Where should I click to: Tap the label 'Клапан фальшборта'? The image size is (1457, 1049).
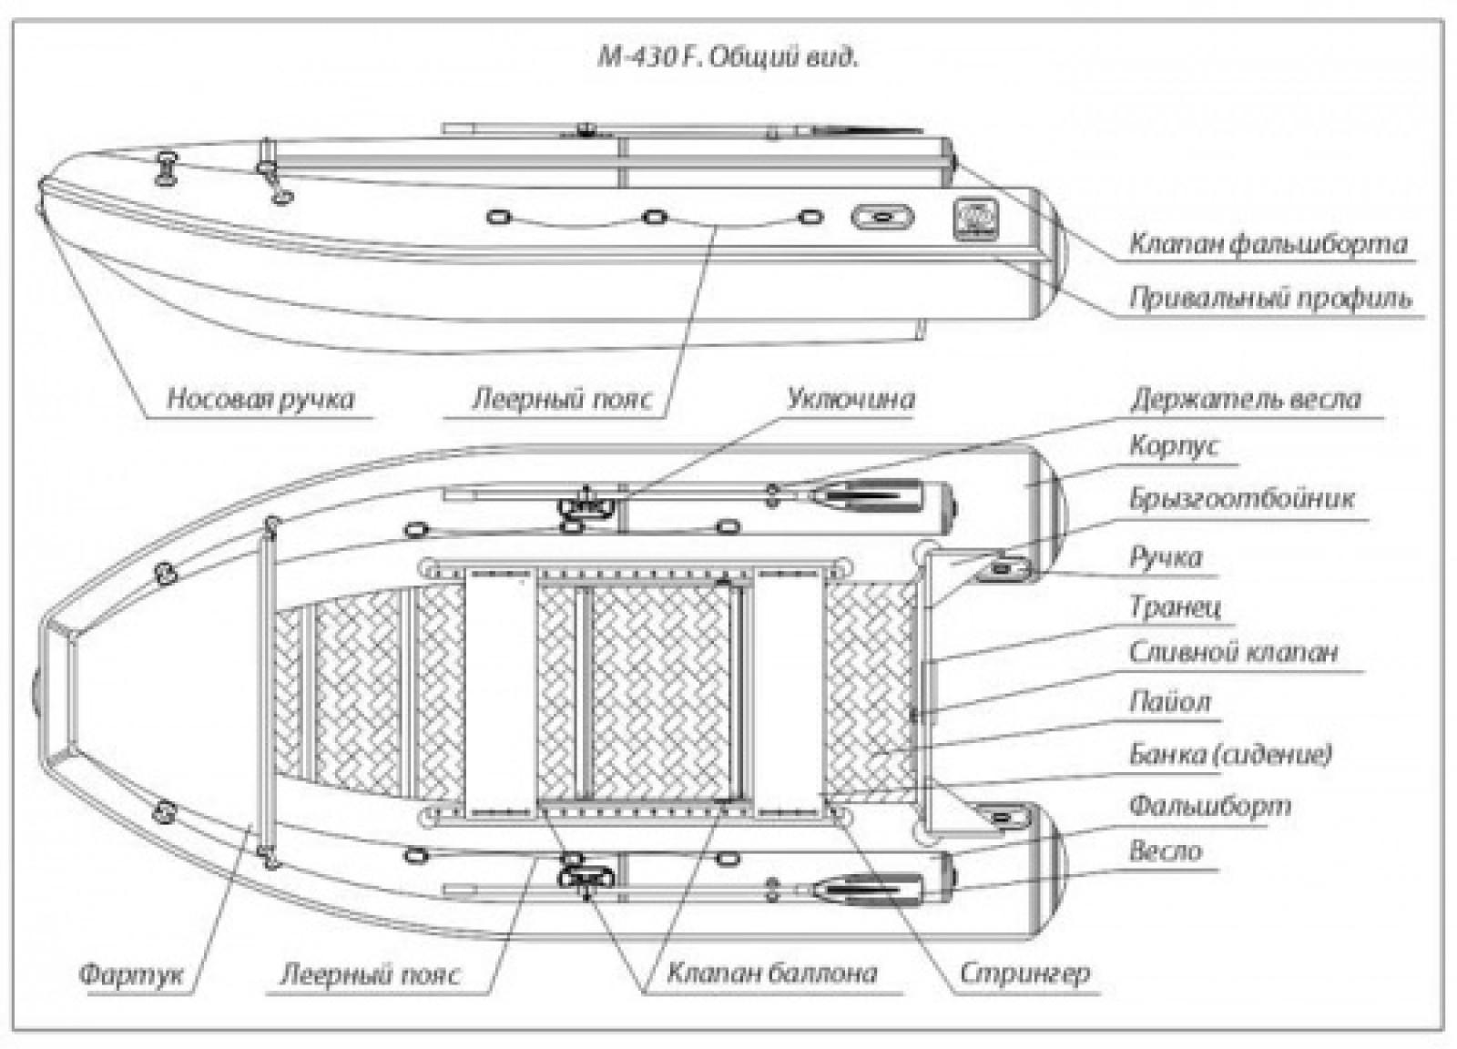coord(1268,244)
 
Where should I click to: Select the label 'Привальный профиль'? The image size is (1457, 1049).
coord(1270,298)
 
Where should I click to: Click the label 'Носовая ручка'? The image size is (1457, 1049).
coord(260,398)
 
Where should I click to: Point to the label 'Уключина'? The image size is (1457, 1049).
coord(851,398)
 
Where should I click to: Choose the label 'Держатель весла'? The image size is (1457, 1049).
coord(1245,399)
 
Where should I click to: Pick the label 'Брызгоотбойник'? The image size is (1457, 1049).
coord(1242,498)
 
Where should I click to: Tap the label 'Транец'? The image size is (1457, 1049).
coord(1175,606)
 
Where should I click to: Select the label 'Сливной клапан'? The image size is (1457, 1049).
coord(1233,652)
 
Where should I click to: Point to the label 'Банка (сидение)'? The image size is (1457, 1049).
coord(1230,754)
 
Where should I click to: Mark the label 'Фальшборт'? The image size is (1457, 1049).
coord(1209,805)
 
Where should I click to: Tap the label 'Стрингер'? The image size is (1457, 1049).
coord(1024,973)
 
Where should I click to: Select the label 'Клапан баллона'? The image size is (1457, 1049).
coord(771,973)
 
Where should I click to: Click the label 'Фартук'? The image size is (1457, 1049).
coord(131,974)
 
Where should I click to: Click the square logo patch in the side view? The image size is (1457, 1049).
coord(975,219)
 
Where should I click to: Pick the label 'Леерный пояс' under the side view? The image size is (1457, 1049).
coord(562,398)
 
